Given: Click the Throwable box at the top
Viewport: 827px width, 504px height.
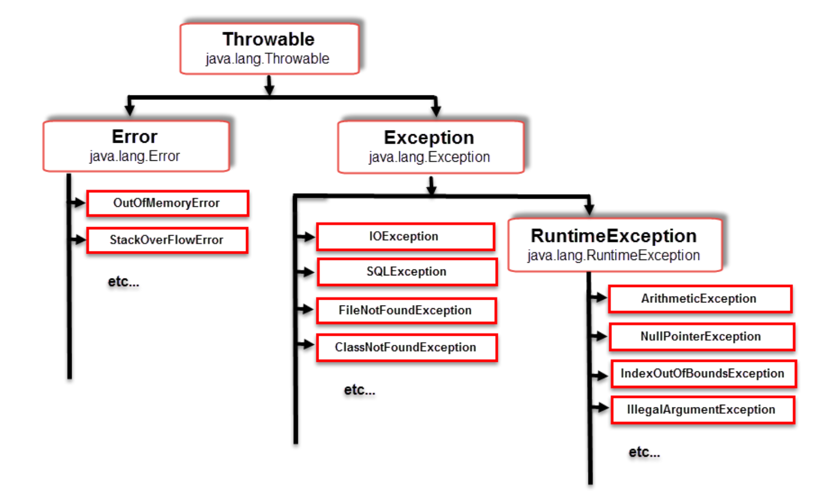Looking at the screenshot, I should coord(269,48).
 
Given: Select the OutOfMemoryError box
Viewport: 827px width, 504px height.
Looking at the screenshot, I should coord(168,203).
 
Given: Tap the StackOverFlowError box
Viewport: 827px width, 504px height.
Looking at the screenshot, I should coord(167,240).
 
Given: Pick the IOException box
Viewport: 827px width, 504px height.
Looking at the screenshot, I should coord(405,237).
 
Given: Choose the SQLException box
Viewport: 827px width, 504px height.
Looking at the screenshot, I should coord(407,272).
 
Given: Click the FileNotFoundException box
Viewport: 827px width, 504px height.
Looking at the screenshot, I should coord(406,310).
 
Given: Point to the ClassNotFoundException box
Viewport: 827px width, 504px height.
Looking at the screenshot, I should coord(406,347).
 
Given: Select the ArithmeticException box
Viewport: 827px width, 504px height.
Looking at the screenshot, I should coord(699,299).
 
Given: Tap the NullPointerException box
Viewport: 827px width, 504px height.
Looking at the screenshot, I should coord(701,336).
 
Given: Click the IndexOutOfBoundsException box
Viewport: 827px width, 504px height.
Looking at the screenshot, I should coord(703,373).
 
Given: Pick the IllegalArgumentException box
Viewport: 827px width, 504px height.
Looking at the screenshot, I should coord(702,410).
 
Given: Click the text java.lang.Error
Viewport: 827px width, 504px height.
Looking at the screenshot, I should coord(135,157).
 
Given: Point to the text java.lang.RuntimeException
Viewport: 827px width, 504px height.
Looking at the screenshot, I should coord(613,256).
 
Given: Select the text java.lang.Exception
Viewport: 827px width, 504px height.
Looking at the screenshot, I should coord(429,158).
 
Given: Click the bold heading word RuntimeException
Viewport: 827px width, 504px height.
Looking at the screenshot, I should coord(613,236).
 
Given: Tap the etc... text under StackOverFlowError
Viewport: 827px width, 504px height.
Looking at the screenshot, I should coord(124,282).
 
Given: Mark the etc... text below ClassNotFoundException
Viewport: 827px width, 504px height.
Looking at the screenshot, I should coord(359,390).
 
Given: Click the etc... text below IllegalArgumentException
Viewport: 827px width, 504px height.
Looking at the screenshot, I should coord(644,452).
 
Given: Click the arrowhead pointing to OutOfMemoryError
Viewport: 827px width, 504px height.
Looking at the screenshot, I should coord(80,203).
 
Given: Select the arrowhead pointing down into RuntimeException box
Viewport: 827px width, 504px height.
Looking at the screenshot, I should coord(589,208).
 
